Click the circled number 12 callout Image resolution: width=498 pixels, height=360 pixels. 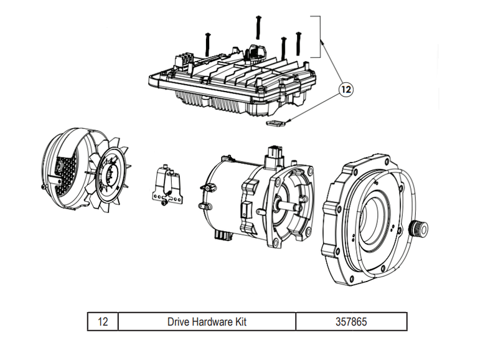pos(345,90)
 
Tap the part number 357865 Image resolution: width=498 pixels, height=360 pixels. pos(350,322)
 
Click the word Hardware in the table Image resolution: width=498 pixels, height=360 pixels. pos(212,322)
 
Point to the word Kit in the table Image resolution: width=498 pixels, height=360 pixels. pos(240,322)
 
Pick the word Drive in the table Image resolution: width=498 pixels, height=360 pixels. pos(179,322)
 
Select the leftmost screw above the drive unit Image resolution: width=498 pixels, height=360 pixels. pos(207,44)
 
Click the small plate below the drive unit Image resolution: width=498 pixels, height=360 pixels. pos(275,123)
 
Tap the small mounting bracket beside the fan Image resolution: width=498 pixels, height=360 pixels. pos(167,186)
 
